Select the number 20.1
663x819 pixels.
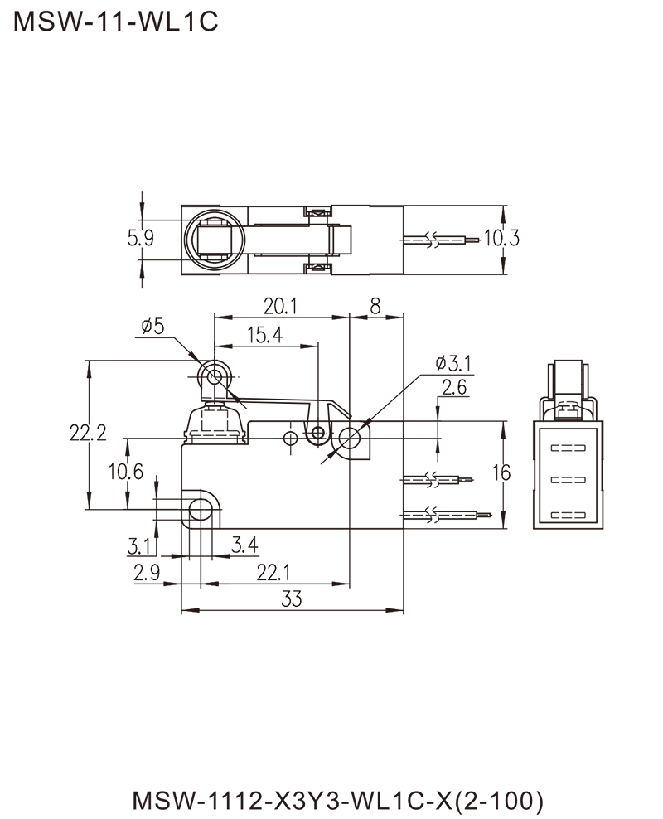point(280,307)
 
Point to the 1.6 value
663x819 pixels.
point(508,473)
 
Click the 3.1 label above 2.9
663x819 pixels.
point(139,545)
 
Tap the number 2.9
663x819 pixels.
point(150,570)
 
